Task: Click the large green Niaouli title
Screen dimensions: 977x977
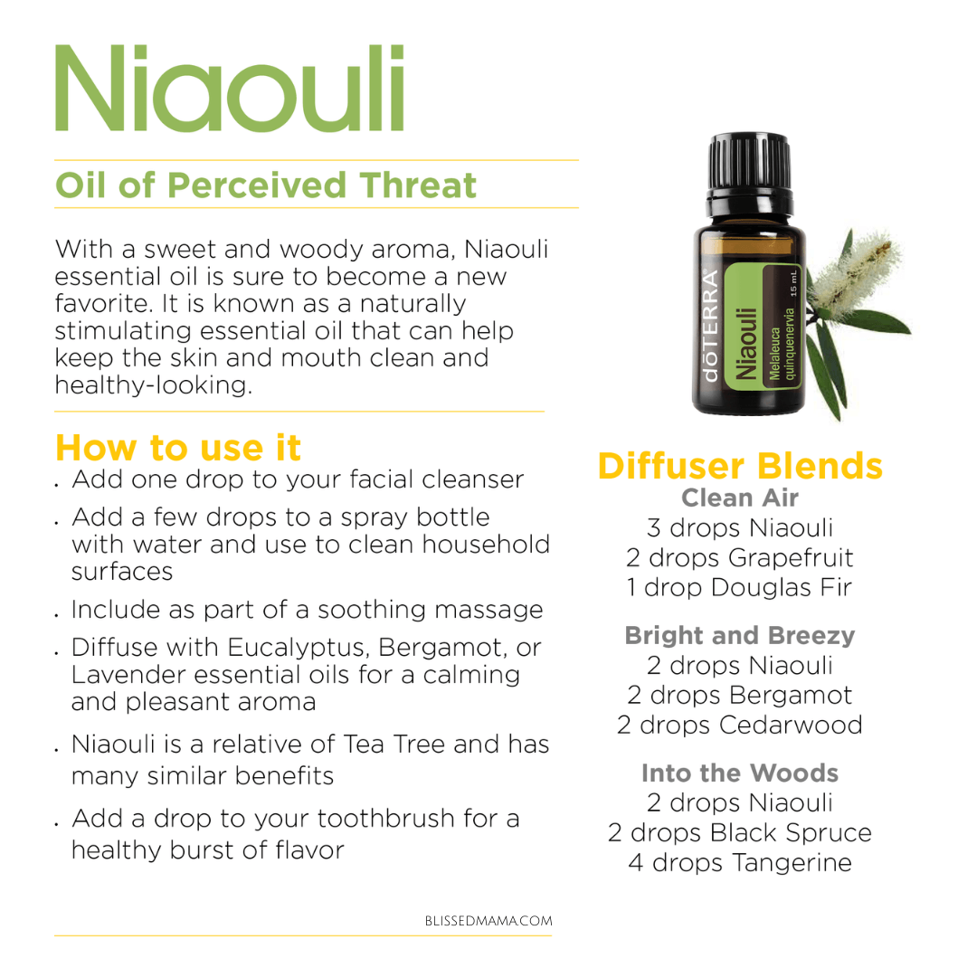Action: (230, 88)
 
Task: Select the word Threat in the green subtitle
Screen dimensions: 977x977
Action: (417, 185)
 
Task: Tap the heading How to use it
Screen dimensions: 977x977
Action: (178, 448)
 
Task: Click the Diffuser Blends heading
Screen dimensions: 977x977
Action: (740, 466)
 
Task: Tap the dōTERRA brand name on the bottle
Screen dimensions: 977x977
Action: (710, 326)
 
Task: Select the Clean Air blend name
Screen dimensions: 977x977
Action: (740, 498)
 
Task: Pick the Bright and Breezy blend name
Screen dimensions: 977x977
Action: (740, 636)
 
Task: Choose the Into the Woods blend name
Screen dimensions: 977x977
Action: (740, 773)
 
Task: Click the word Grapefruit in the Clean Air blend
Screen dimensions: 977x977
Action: (791, 557)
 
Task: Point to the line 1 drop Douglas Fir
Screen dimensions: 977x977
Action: (739, 588)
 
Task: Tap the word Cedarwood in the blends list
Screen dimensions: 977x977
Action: (791, 726)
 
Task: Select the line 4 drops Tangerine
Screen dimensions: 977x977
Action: (740, 863)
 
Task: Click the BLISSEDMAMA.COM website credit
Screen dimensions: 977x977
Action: (488, 921)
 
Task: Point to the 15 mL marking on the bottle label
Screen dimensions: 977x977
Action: (793, 282)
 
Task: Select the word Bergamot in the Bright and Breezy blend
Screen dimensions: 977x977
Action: (791, 696)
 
